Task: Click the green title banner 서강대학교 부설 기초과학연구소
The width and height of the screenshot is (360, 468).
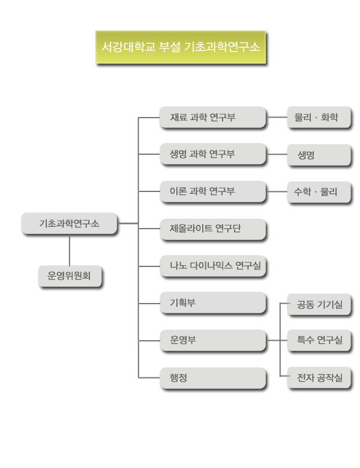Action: (181, 47)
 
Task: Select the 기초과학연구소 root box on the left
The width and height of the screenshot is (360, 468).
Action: (69, 223)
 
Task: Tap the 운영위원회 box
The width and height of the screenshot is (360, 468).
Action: (69, 276)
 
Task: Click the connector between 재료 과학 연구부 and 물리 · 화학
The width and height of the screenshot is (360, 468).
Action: (276, 117)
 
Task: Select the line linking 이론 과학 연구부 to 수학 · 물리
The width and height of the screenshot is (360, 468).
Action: (276, 192)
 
